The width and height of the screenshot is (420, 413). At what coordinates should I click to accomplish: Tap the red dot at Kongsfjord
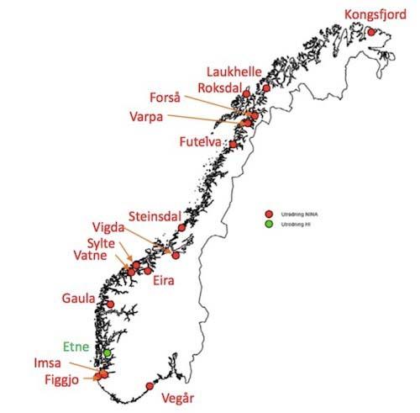coord(372,33)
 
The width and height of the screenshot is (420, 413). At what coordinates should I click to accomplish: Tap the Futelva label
coord(200,144)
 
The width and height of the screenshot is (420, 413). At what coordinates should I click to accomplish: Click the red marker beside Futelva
coord(234,145)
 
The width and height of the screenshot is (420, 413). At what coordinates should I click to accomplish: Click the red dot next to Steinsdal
coord(182,227)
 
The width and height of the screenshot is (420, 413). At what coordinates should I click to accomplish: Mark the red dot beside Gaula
coord(110,304)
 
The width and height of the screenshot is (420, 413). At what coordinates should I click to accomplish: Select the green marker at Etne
coord(108,353)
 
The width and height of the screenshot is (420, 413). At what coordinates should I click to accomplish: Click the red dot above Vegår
coord(150,386)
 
